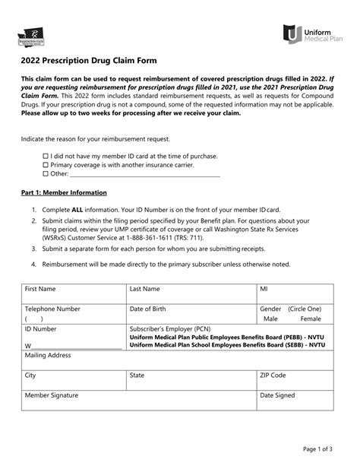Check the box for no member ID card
[45, 155]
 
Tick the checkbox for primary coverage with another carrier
[45, 164]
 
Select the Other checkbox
[45, 173]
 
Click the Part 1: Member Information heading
[63, 192]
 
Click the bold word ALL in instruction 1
[80, 209]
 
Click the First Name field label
[40, 289]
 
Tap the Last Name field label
[144, 289]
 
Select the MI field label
[264, 289]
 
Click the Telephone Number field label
[52, 309]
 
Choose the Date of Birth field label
[150, 309]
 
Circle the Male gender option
[271, 319]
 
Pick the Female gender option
[311, 319]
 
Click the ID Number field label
[41, 329]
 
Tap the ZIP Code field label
[273, 375]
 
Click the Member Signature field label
[52, 395]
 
